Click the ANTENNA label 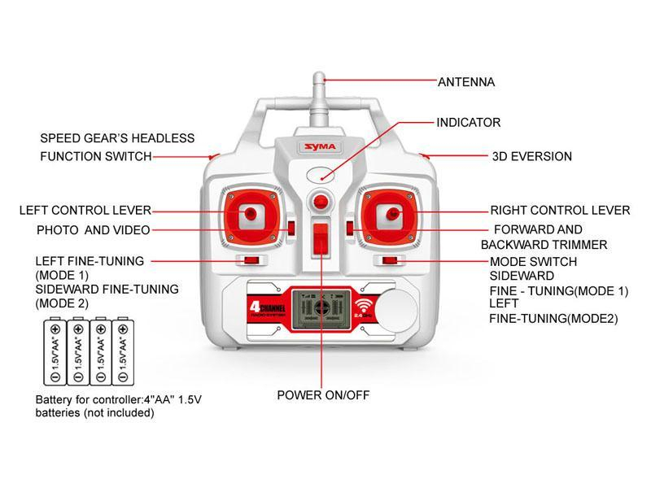coord(466,82)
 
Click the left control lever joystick coord(251,213)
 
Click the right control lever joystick coord(391,214)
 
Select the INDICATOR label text coord(469,123)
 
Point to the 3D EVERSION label coord(532,156)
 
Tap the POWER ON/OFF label coord(323,395)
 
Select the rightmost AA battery coord(123,351)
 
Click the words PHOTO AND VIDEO coord(94,230)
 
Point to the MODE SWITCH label coord(533,262)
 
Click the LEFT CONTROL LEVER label coord(85,211)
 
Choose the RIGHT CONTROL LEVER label coord(560,211)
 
